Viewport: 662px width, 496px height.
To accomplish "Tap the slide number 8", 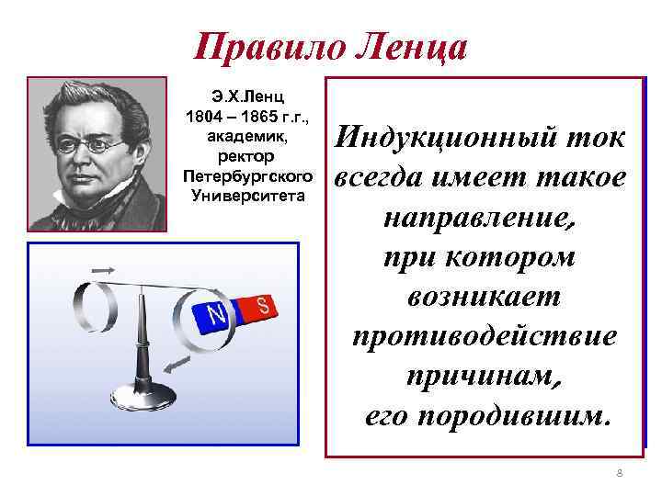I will tap(619, 473).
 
